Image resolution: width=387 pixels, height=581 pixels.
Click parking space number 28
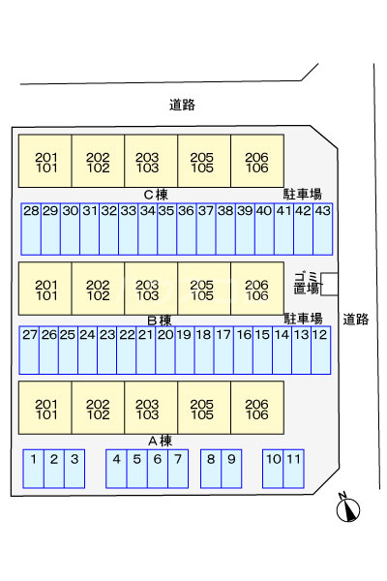(31, 229)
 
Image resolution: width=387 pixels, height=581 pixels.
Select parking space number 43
(322, 229)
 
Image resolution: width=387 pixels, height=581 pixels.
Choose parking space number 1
(34, 469)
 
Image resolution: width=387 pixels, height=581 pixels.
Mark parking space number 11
(293, 469)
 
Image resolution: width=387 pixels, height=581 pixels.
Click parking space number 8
(211, 469)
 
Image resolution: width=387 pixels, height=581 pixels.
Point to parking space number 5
(136, 469)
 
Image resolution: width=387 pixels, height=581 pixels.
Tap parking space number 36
(187, 229)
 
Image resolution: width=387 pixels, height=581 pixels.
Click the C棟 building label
(156, 194)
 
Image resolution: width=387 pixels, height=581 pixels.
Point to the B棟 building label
(159, 320)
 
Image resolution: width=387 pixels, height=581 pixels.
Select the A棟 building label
(159, 440)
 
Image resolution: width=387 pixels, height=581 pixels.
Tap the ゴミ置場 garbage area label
(307, 283)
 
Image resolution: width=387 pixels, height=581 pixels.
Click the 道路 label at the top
(182, 106)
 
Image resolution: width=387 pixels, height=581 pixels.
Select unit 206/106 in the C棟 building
(256, 160)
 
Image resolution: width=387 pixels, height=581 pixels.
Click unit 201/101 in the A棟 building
(45, 409)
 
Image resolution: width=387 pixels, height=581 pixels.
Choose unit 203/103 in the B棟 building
(151, 289)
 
